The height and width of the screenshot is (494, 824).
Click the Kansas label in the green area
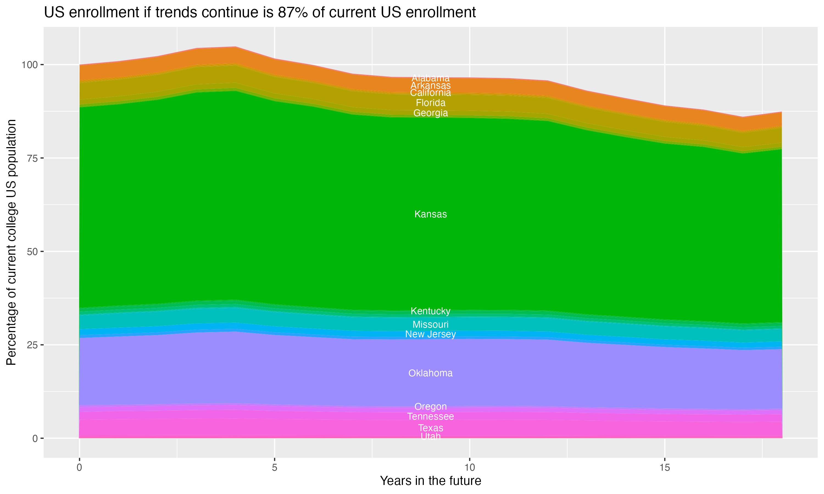point(430,214)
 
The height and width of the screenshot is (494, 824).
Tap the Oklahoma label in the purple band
point(430,373)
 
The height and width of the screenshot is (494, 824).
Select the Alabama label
point(430,78)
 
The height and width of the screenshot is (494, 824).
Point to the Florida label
point(430,103)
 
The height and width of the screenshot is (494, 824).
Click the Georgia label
point(430,113)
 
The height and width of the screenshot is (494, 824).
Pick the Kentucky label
point(430,311)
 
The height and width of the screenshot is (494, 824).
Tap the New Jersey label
point(430,334)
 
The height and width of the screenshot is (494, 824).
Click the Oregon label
point(430,406)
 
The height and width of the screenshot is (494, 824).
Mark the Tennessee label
point(430,416)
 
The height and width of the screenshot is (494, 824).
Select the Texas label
point(430,428)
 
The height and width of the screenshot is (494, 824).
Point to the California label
point(430,93)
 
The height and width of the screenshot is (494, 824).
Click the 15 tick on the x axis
point(664,468)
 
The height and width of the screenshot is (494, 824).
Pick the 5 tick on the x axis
point(274,468)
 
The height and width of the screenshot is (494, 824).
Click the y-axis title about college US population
point(11,242)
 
